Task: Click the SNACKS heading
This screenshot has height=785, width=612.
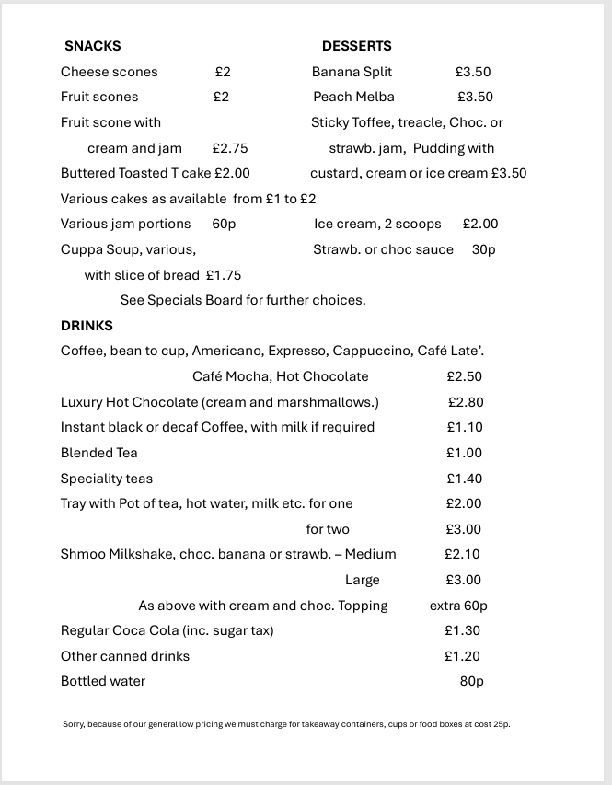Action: pos(92,46)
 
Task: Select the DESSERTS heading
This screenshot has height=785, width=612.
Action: pos(356,46)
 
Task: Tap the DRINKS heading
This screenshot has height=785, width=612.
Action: pos(87,326)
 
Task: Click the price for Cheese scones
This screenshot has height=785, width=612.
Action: pos(223,72)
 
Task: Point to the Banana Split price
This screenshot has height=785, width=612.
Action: pos(473,72)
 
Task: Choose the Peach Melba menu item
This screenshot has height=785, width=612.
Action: pos(353,97)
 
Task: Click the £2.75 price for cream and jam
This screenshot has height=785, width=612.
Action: pos(230,148)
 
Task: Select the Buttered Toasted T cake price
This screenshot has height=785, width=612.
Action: pos(232,173)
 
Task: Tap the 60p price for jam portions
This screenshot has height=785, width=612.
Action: pos(224,224)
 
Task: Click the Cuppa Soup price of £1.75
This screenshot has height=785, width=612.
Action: pos(224,275)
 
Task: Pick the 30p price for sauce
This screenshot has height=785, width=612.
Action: pos(484,249)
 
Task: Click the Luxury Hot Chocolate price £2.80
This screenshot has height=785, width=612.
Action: pos(466,402)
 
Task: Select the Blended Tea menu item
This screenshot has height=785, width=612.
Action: pos(98,453)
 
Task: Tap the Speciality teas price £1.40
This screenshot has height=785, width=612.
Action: pos(465,479)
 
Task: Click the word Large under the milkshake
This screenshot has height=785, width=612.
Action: pos(363,580)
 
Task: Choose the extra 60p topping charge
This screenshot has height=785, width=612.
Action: pos(458,606)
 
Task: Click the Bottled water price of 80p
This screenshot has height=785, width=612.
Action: pos(472,682)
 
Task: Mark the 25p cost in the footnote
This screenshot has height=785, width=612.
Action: pos(502,724)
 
